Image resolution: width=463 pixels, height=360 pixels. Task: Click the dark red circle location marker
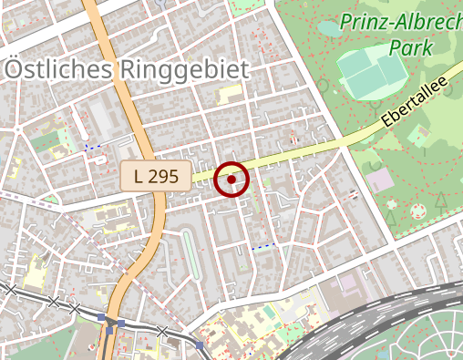[x=232, y=180]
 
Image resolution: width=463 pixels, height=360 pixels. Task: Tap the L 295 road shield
[x=156, y=176]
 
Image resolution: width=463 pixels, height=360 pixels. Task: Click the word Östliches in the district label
[x=59, y=69]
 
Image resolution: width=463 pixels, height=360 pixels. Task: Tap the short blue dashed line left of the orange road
[x=92, y=147]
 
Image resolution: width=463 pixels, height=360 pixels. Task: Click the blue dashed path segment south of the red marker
[x=262, y=247]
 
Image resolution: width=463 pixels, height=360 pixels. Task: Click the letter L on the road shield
[x=139, y=176]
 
